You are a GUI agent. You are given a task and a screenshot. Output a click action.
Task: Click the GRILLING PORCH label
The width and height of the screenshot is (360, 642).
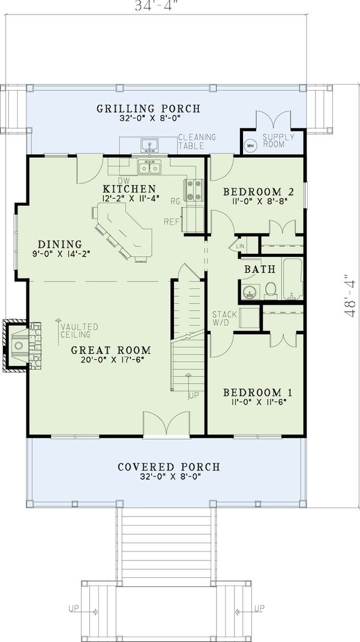click(149, 109)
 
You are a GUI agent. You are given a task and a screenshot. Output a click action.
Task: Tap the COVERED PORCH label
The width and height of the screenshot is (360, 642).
click(169, 467)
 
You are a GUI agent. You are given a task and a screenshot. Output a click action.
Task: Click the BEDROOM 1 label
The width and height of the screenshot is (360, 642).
click(258, 392)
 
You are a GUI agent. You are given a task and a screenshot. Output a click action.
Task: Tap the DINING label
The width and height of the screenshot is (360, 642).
click(59, 244)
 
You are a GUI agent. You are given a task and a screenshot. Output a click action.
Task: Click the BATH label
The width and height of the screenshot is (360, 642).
click(259, 270)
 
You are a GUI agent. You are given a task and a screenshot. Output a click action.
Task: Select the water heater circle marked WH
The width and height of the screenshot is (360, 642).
click(250, 145)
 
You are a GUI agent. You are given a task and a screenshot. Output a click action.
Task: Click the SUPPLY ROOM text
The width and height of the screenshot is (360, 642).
click(279, 142)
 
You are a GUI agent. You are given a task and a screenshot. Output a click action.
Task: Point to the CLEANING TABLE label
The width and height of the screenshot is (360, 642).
click(196, 142)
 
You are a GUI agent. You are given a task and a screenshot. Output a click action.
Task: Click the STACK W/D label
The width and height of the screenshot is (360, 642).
click(225, 319)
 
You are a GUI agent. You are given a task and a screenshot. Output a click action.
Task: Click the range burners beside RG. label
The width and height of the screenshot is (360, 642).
click(194, 190)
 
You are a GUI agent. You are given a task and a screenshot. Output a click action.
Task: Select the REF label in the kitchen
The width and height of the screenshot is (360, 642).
click(173, 222)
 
